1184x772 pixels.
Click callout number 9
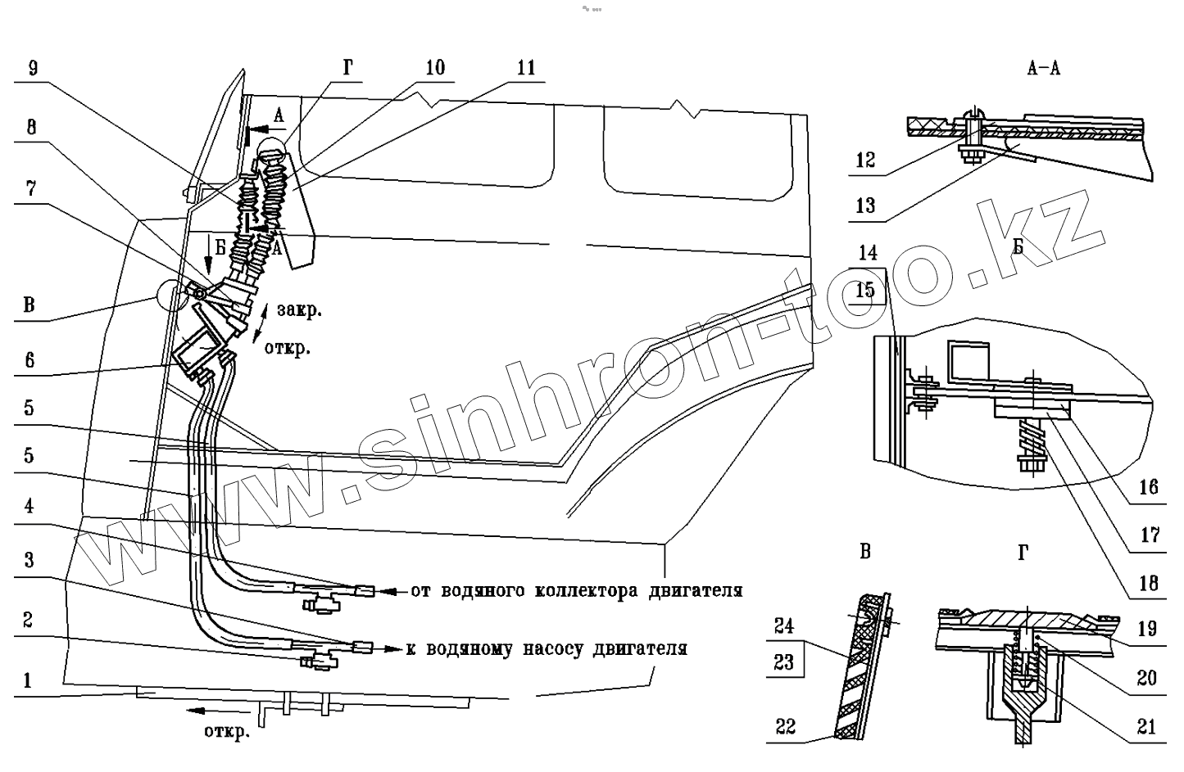click(32, 69)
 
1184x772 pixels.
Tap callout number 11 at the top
click(525, 68)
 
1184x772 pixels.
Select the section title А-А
click(1043, 69)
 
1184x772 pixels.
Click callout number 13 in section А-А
click(865, 205)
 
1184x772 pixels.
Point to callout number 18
click(1149, 583)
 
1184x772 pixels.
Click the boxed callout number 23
click(784, 661)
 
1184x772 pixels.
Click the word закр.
click(299, 311)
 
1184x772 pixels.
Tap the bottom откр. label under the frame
click(226, 732)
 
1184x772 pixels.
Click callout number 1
click(28, 679)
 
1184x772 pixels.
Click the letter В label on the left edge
click(29, 306)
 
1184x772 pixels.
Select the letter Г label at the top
click(348, 69)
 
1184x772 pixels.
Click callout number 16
click(1149, 487)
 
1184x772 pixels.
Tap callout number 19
click(1147, 629)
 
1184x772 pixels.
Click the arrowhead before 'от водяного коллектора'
click(392, 590)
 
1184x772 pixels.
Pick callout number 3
click(28, 561)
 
